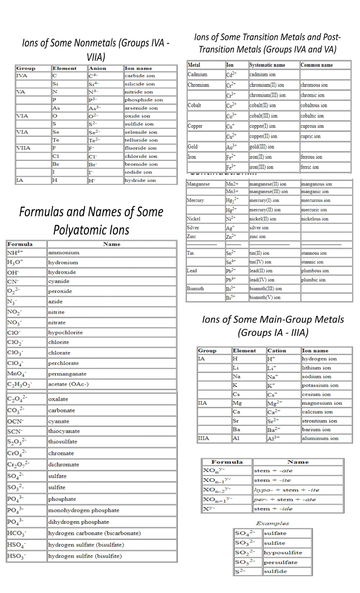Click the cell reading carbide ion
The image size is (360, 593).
140,76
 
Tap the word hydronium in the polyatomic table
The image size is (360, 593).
63,263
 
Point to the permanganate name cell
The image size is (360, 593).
67,374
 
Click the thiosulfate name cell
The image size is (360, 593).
63,442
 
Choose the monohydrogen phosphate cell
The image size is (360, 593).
84,510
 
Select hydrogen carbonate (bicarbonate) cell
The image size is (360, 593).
94,533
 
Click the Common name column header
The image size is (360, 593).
316,65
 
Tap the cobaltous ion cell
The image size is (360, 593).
314,105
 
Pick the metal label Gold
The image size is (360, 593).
193,147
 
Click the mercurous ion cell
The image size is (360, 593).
316,200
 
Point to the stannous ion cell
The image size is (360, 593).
314,253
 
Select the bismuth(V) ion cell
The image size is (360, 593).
265,297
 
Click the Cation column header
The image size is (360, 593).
277,351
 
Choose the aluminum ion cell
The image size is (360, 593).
320,438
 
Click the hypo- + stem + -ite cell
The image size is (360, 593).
286,490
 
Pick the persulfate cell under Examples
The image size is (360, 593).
280,562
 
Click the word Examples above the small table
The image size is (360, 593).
272,523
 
